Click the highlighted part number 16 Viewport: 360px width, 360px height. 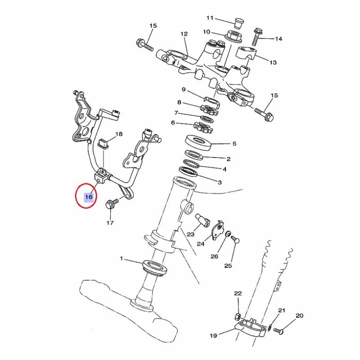pos(89,197)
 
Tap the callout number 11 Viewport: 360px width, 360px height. pos(210,18)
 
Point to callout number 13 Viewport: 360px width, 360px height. pos(273,62)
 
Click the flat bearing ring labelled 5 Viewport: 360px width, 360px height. pos(198,143)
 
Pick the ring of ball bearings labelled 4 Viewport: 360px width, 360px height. pos(192,164)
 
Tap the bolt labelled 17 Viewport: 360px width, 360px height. pos(112,203)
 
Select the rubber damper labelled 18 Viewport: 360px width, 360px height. pos(103,143)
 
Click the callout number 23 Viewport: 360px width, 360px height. pos(190,234)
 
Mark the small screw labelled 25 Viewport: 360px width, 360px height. pos(236,239)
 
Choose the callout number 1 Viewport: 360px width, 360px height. pos(121,258)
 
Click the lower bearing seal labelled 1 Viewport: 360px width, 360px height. pos(155,267)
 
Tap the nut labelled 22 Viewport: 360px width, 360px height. pos(238,317)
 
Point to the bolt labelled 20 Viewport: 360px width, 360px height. pos(278,331)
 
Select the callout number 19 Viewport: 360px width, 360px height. pos(213,335)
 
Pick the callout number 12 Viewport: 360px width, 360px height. pos(184,34)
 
